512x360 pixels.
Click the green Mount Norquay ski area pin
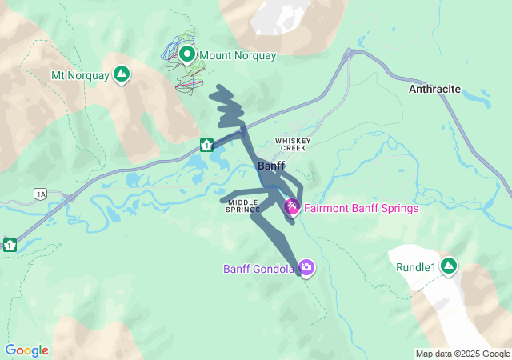click(187, 54)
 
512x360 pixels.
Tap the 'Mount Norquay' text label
click(238, 56)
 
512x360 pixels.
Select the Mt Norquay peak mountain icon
click(122, 74)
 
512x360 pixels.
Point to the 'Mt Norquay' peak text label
click(81, 75)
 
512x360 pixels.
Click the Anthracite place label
click(434, 90)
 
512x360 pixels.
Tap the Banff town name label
click(272, 166)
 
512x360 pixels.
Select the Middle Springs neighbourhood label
click(243, 206)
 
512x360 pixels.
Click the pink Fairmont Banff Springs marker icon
click(293, 208)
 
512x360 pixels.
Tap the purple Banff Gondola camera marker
click(306, 267)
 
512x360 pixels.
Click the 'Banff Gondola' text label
click(258, 269)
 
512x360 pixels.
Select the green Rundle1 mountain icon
click(448, 266)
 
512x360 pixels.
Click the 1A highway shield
click(40, 194)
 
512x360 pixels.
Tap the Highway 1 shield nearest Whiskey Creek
click(206, 145)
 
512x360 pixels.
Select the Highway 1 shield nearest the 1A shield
click(10, 244)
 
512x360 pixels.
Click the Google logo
click(26, 350)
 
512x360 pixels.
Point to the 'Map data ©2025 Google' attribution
click(462, 354)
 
